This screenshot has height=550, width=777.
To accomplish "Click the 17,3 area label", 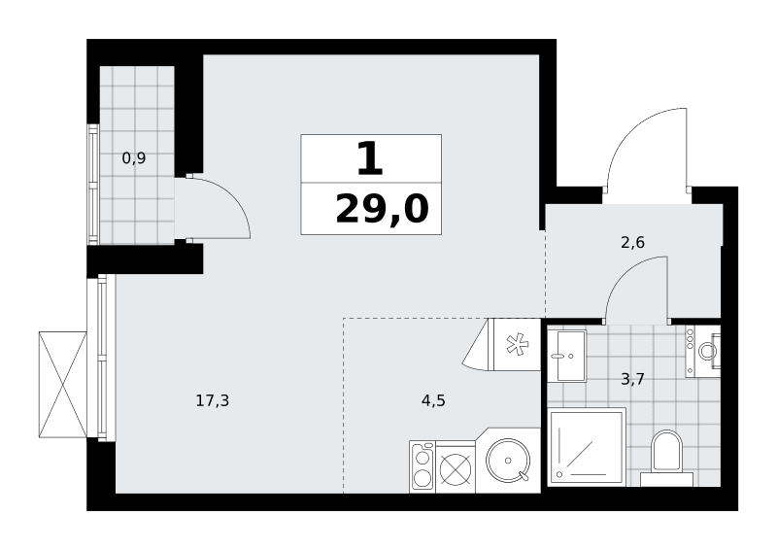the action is [213, 400].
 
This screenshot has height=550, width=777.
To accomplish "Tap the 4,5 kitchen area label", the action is [433, 400].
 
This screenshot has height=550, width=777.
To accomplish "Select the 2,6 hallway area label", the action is [633, 242].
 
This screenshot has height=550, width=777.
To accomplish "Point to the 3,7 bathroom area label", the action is [633, 379].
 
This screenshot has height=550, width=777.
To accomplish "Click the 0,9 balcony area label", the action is [134, 158].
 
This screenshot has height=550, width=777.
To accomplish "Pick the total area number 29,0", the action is [382, 209].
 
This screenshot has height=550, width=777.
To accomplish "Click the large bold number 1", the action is [370, 158].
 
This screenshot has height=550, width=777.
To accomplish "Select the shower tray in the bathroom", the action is [588, 446].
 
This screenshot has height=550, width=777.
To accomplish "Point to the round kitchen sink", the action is [508, 461].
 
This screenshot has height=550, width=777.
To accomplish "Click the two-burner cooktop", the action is [422, 466].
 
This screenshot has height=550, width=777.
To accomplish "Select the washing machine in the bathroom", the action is [703, 351].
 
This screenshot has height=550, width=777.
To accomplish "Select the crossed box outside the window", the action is [62, 385].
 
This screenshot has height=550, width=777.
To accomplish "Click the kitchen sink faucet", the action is [524, 476].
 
